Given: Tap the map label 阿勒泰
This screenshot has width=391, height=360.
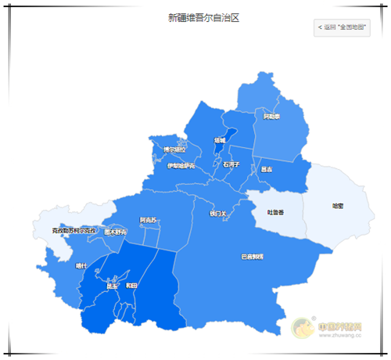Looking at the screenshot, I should [x=271, y=117].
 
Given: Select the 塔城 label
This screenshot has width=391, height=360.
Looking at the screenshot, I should [x=224, y=141].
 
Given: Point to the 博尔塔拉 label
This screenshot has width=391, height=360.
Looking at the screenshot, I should [x=174, y=149].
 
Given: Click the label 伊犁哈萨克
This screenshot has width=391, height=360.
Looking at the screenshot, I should [x=185, y=166].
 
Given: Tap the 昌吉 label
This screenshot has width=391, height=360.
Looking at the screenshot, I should [x=267, y=168].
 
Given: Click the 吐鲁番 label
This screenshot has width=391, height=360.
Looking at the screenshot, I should [x=275, y=212].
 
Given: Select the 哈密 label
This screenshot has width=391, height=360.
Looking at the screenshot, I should [x=338, y=207].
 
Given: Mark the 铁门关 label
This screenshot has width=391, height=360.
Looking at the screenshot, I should [x=217, y=212].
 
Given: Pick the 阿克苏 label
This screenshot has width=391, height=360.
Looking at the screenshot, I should [x=148, y=220].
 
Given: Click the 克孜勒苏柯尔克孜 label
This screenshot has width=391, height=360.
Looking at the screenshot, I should [x=74, y=231].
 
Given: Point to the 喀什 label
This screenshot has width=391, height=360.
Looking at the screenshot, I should [x=81, y=266].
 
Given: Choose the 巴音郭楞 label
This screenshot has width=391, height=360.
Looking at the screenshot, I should [x=252, y=257].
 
